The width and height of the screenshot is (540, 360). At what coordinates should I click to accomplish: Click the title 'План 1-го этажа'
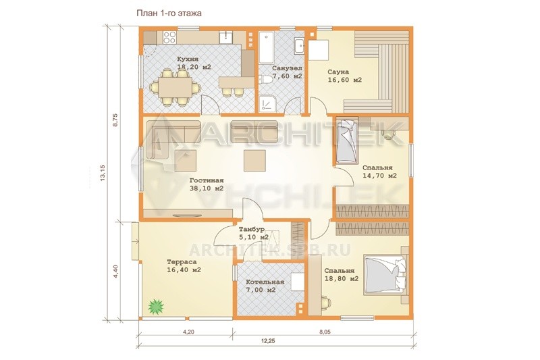coord(169,14)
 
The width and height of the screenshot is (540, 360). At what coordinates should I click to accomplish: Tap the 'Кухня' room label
coord(188,59)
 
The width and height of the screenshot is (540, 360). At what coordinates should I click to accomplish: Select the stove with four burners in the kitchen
coord(169,37)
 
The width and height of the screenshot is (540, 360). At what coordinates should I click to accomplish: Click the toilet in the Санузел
coord(266,79)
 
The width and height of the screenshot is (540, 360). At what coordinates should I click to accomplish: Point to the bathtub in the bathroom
coord(266,48)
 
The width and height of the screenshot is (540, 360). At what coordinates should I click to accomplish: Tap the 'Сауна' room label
coord(338,72)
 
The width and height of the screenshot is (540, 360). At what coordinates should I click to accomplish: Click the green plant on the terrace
coord(156,306)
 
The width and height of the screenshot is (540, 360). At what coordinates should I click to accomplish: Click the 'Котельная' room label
coord(265,282)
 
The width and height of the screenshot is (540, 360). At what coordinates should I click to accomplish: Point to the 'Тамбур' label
coord(251,229)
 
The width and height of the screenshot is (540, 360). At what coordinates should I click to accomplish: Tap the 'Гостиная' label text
coord(207,180)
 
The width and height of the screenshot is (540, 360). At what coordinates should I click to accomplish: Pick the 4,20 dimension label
coord(188,332)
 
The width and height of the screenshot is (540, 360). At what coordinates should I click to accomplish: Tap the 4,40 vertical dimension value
coord(115,272)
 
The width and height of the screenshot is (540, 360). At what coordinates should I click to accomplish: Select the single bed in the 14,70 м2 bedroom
coord(346,140)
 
